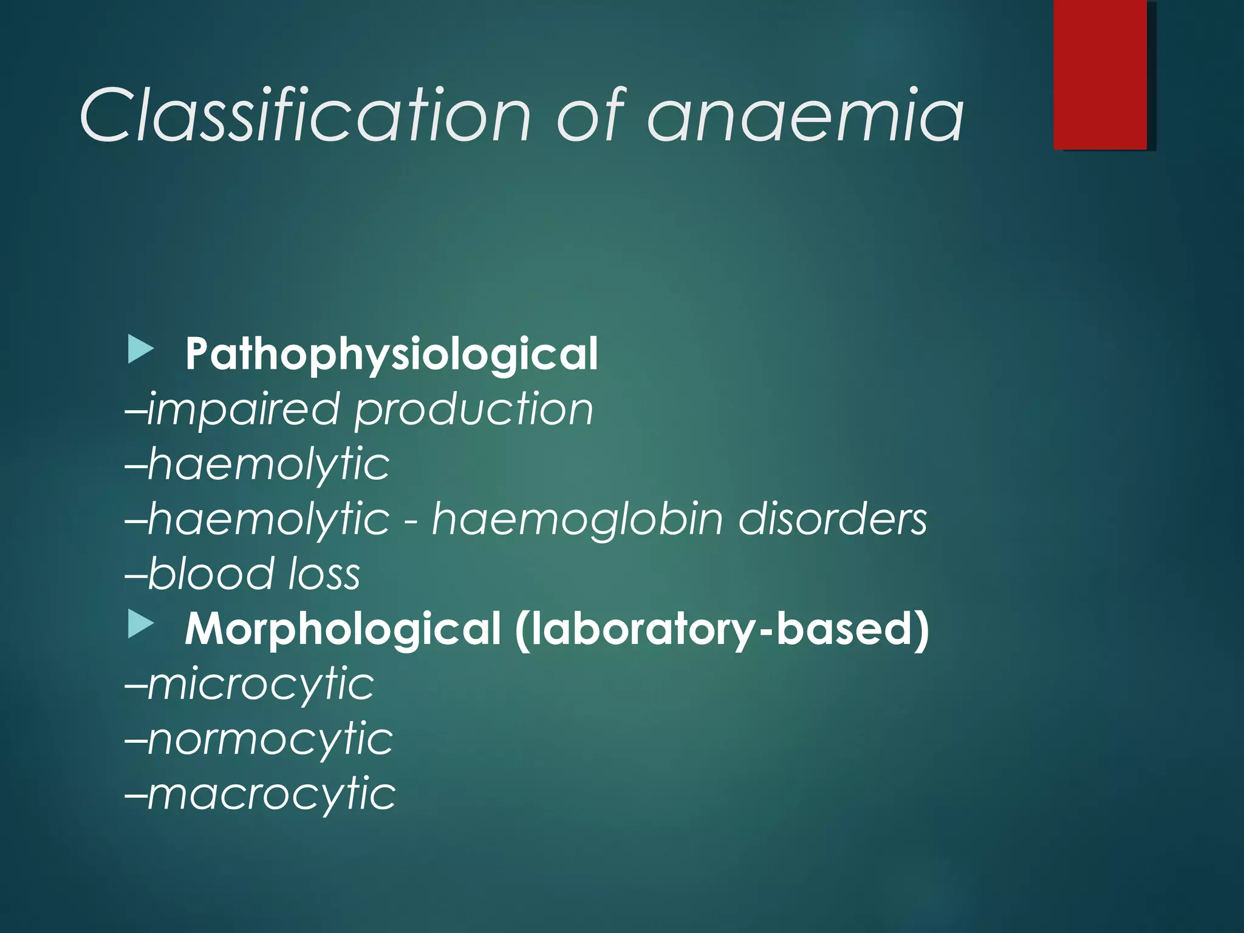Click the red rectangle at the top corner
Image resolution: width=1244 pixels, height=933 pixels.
(x=1100, y=74)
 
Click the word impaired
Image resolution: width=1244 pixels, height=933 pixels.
(x=243, y=409)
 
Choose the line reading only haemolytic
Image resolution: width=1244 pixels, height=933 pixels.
(x=267, y=464)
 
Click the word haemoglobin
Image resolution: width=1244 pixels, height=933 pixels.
(x=577, y=519)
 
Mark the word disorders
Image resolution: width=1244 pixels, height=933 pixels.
(x=833, y=519)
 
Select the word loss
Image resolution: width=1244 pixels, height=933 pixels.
(x=324, y=574)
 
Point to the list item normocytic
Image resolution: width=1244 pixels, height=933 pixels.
(x=270, y=739)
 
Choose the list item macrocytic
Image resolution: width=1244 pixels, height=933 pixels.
(x=271, y=794)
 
